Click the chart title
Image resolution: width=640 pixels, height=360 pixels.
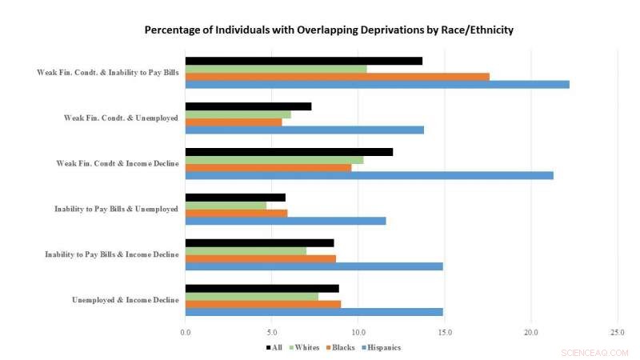pyautogui.click(x=329, y=30)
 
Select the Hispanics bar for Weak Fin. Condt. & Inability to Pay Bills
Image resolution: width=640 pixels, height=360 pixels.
pyautogui.click(x=377, y=84)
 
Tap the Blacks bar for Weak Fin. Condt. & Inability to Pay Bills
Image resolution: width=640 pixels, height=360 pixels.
pyautogui.click(x=337, y=76)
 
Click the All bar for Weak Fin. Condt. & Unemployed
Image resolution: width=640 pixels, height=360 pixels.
pyautogui.click(x=248, y=106)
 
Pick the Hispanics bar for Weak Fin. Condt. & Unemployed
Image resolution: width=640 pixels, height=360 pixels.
pyautogui.click(x=304, y=130)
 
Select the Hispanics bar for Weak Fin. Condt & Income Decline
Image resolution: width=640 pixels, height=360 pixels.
pyautogui.click(x=369, y=175)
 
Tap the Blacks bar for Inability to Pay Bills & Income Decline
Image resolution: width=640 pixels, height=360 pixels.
pyautogui.click(x=260, y=258)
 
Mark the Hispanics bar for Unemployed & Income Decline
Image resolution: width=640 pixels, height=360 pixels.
pyautogui.click(x=314, y=311)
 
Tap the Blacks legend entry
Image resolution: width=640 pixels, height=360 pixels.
pyautogui.click(x=341, y=347)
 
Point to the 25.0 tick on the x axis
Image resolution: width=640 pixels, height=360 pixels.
pyautogui.click(x=617, y=332)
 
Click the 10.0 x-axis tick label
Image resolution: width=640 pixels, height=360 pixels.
pyautogui.click(x=358, y=332)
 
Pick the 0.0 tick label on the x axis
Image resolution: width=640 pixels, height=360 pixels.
pyautogui.click(x=186, y=332)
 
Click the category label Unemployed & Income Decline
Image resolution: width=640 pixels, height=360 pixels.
pyautogui.click(x=125, y=300)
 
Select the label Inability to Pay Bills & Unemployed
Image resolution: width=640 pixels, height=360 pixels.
pyautogui.click(x=116, y=209)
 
